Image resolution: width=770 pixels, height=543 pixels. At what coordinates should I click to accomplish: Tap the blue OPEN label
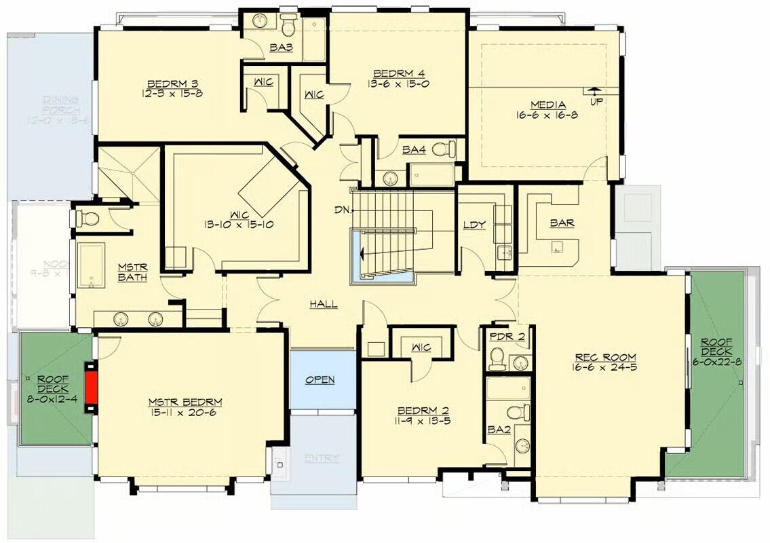point(320,379)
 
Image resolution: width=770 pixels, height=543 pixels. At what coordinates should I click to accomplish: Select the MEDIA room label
point(548,105)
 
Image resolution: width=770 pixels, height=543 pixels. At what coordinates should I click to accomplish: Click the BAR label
point(562,223)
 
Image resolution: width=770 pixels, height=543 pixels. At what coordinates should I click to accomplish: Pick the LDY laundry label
point(474,225)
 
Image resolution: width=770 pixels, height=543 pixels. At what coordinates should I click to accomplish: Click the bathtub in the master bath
point(90,266)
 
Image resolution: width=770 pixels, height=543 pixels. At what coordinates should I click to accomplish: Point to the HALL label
point(324,304)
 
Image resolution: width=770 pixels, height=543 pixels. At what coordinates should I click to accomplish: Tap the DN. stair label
point(342,209)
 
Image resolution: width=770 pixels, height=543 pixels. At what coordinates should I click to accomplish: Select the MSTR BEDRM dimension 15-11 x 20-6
point(185,412)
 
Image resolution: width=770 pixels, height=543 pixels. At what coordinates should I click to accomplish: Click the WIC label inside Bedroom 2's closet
point(421,348)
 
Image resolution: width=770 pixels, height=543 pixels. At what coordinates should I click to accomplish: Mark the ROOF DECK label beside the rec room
point(716,347)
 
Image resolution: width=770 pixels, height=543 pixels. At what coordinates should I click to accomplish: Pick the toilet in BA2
point(519,412)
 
